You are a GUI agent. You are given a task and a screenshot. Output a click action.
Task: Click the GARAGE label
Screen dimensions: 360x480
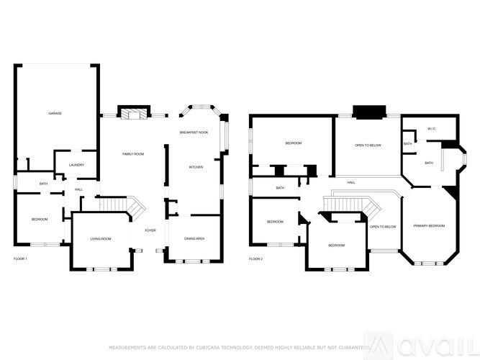pos(54,114)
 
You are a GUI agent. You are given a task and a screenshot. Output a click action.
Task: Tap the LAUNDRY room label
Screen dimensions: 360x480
pos(76,165)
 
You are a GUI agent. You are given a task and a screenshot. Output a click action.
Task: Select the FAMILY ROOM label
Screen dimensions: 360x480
pos(133,154)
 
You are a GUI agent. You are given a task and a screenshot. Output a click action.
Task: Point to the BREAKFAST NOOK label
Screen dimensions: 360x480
pos(194,133)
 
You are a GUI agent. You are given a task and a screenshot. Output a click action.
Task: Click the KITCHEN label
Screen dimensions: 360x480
pos(196,167)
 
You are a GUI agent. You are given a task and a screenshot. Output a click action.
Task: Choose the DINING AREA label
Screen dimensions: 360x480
pos(194,238)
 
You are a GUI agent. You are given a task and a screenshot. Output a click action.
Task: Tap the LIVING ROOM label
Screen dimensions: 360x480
pos(101,238)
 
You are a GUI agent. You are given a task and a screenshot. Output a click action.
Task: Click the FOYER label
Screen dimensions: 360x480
pos(150,230)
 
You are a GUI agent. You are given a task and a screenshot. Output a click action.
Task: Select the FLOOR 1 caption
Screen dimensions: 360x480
pos(21,258)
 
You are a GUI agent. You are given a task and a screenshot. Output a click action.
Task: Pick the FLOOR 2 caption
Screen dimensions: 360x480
pos(256,258)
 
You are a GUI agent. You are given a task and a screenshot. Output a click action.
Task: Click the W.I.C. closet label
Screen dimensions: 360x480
pos(432,129)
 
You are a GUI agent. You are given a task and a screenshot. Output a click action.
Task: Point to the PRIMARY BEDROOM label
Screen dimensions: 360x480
pos(429,226)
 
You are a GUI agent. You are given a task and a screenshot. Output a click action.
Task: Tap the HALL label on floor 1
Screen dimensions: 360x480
pos(78,190)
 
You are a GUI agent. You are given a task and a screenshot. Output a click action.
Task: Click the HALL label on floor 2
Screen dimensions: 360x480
pos(351,182)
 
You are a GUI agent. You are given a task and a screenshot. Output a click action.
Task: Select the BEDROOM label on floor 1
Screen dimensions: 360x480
pos(39,219)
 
